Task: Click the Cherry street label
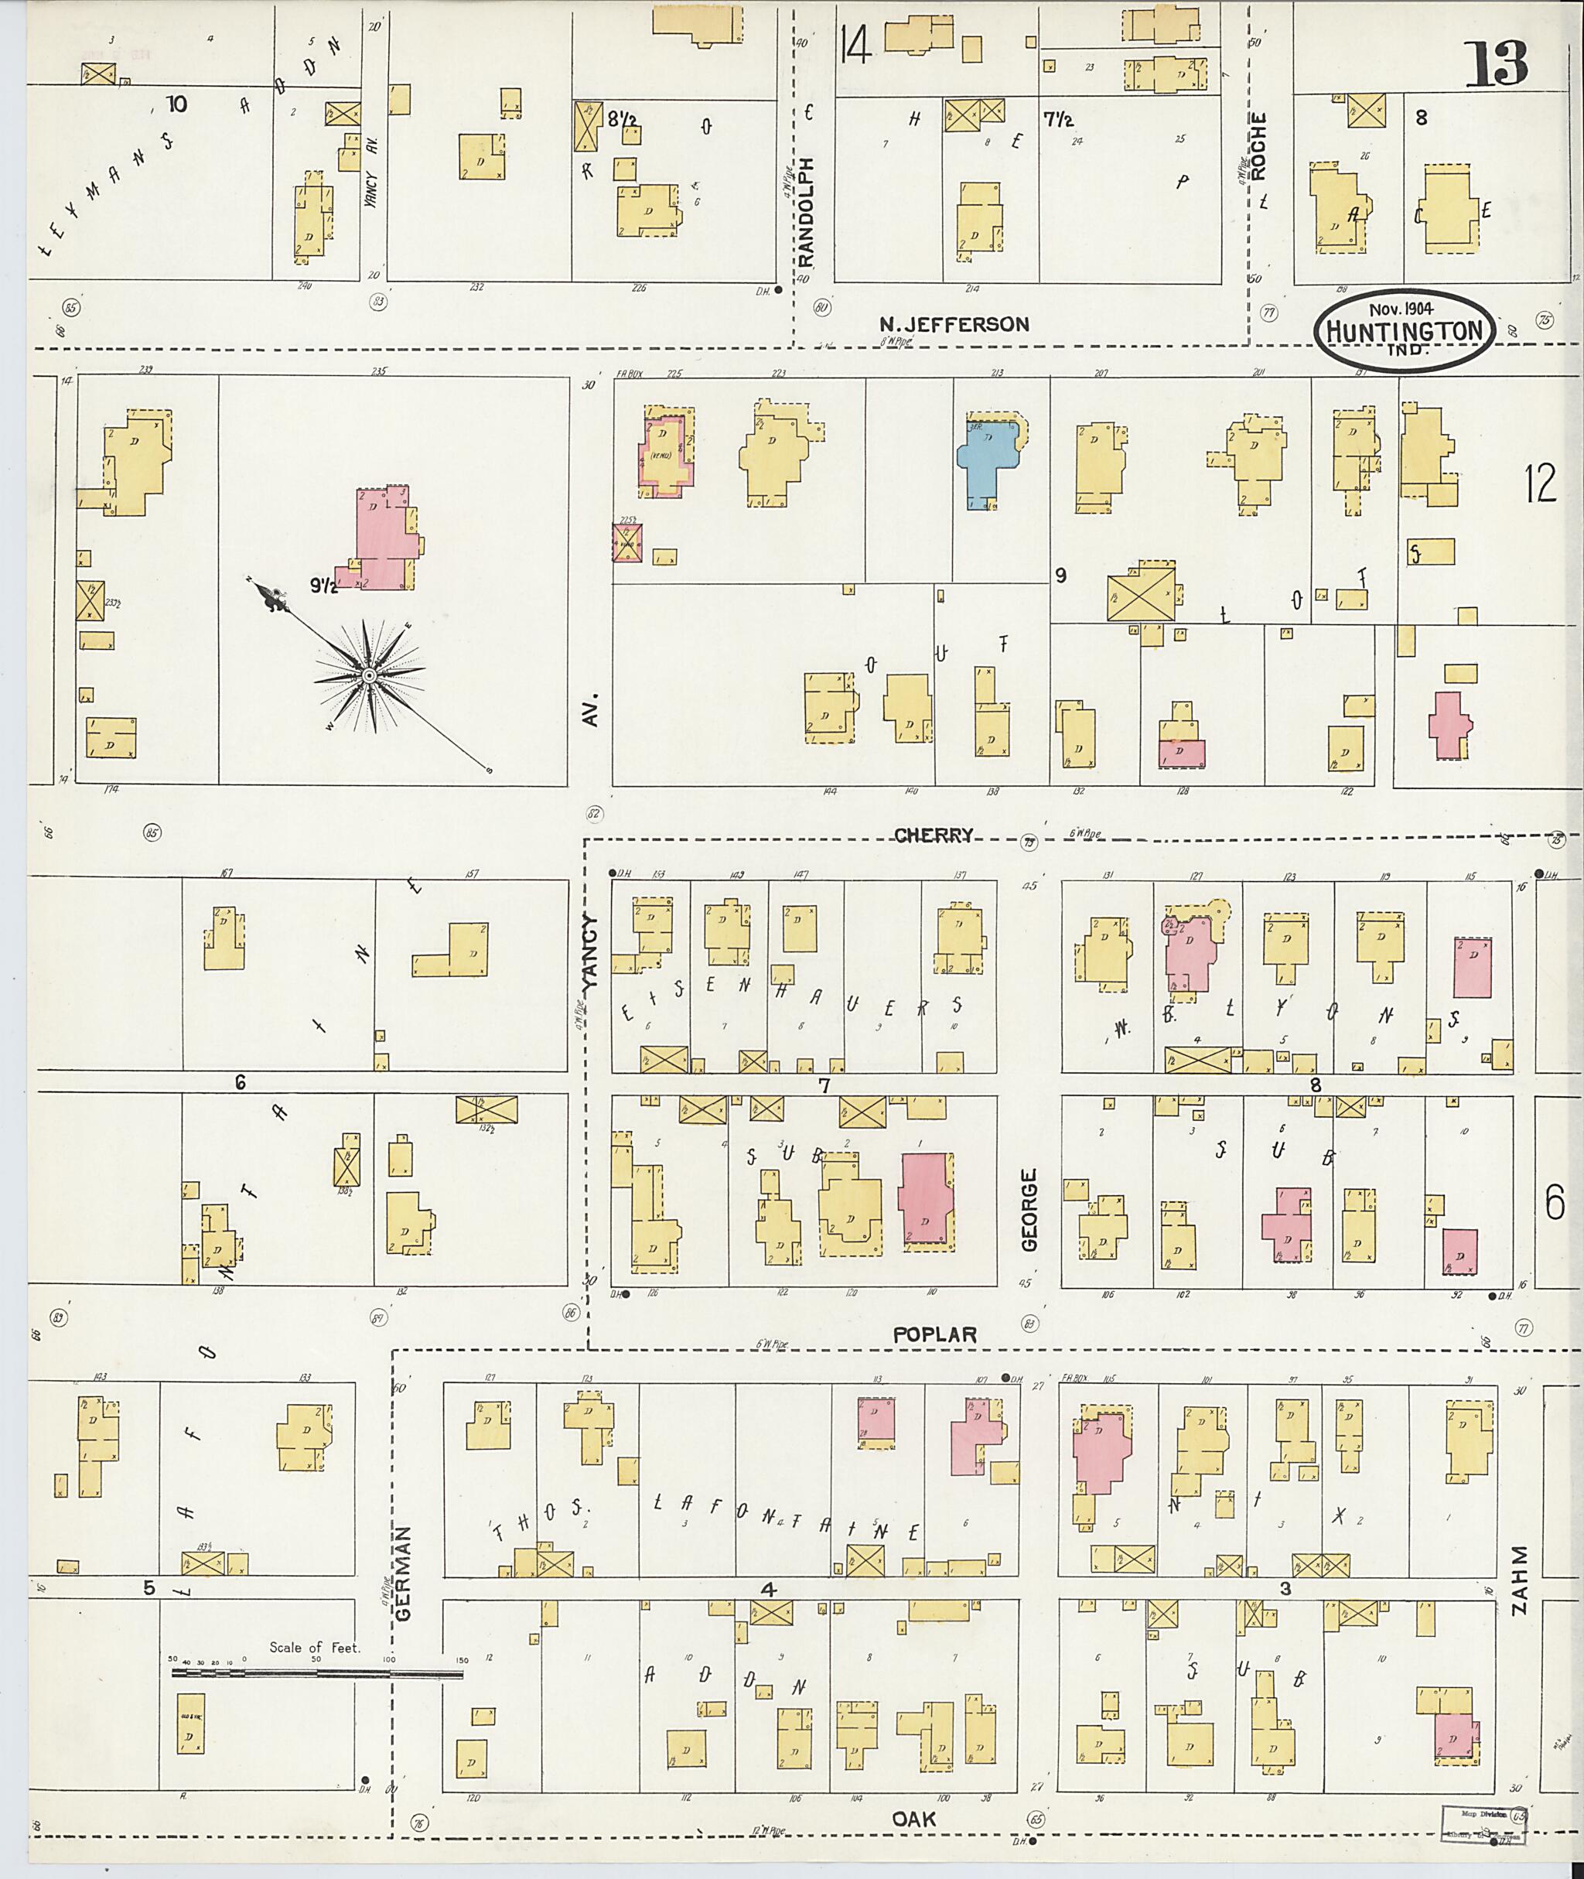tap(933, 835)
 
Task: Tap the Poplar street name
tap(935, 1334)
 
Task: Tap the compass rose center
tap(368, 675)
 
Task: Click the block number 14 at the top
tap(857, 45)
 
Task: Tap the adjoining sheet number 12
tap(1540, 485)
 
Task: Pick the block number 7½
tap(1060, 119)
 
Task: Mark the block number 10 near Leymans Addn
tap(176, 105)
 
